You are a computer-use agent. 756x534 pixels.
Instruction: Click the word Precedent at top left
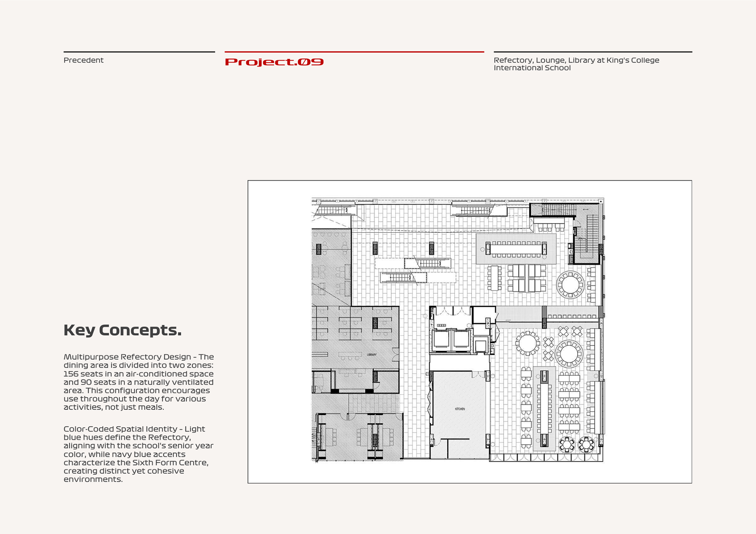click(x=83, y=60)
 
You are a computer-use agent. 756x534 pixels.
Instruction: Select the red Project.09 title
click(x=274, y=62)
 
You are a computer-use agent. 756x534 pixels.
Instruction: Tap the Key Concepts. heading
click(x=122, y=330)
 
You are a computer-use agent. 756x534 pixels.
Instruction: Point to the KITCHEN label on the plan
click(x=460, y=409)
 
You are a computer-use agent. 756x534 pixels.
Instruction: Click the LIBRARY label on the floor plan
click(x=372, y=355)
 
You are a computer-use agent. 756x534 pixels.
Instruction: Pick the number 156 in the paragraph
click(x=71, y=374)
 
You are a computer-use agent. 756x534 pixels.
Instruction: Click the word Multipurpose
click(x=91, y=357)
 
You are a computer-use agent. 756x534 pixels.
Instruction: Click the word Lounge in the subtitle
click(x=550, y=60)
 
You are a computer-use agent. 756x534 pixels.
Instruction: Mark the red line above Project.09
click(x=354, y=52)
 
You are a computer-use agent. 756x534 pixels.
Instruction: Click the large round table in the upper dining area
click(x=570, y=284)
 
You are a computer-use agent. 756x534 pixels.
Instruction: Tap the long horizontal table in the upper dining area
click(x=516, y=249)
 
